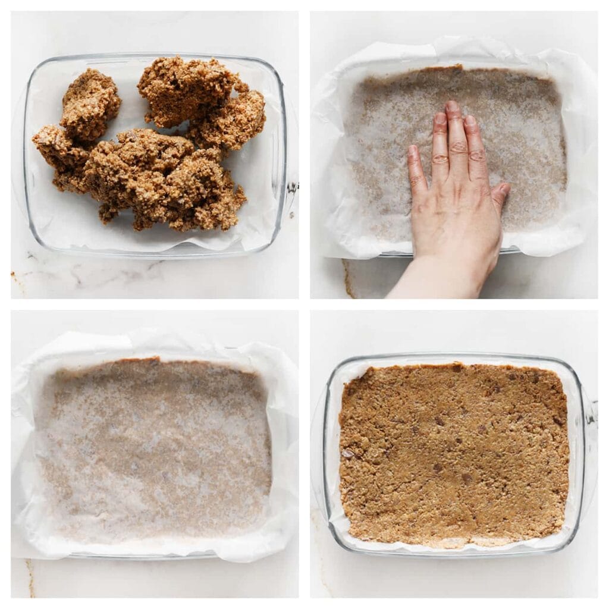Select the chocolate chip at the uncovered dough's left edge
(347, 453)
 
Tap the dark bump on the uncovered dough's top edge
(457, 368)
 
